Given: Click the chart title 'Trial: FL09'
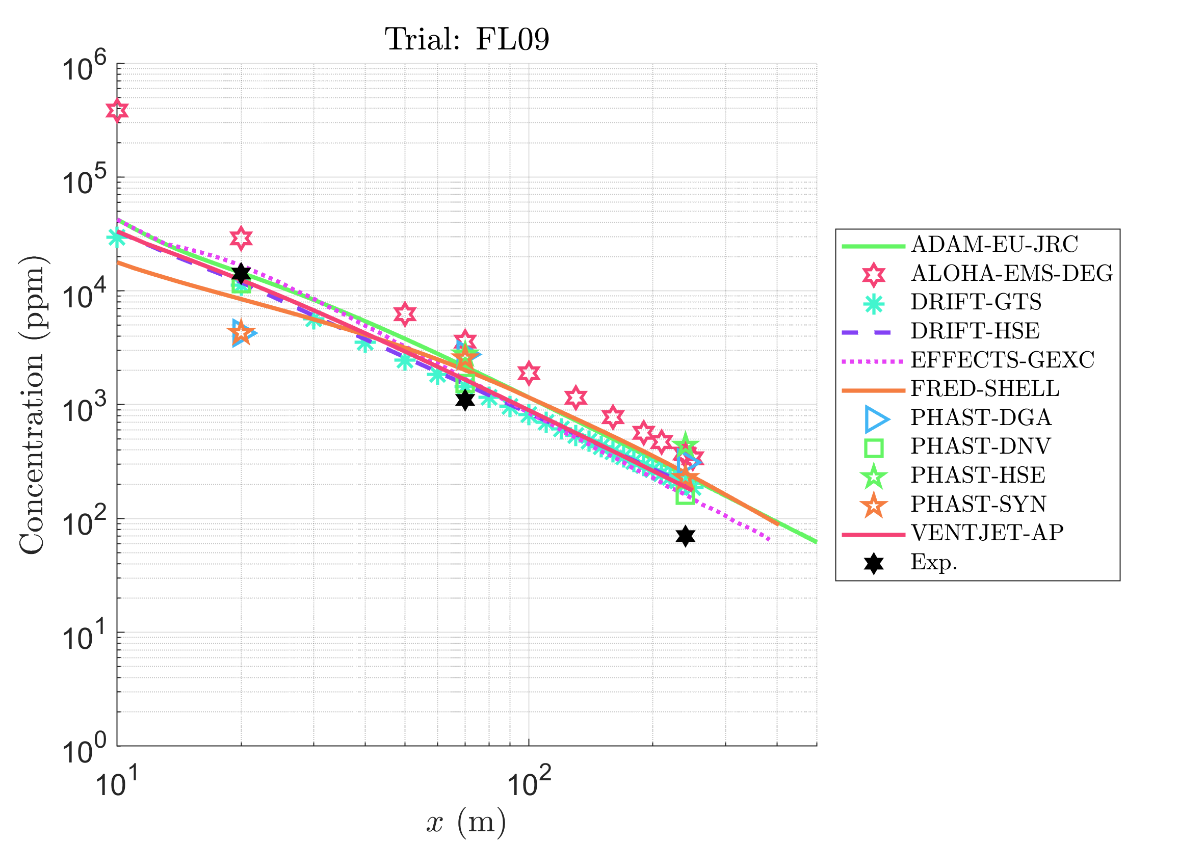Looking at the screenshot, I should (467, 39).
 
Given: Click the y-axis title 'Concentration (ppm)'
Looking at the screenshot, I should (33, 405).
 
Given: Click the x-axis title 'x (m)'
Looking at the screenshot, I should (466, 822).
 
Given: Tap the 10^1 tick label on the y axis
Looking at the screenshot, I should (84, 637).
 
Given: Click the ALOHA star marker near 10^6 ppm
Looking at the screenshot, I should (117, 111).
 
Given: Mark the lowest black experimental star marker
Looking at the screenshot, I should (686, 536).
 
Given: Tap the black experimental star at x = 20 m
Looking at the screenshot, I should (241, 273).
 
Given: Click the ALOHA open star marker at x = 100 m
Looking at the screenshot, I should (529, 373).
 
